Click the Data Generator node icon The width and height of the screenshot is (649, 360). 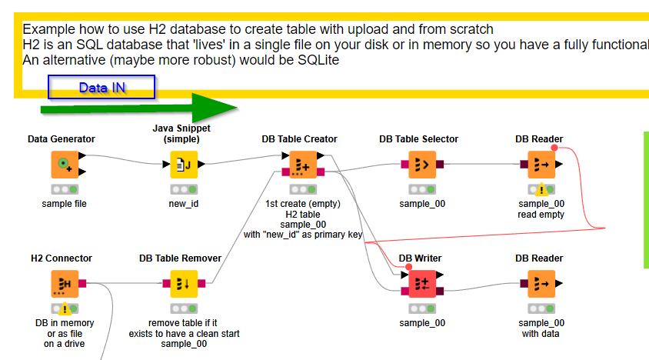point(65,164)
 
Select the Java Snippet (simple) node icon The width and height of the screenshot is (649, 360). point(183,164)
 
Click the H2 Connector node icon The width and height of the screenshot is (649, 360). point(65,283)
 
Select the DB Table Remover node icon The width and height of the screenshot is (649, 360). point(183,283)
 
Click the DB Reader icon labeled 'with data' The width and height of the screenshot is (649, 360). point(541,283)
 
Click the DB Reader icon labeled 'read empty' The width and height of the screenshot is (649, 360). point(541,164)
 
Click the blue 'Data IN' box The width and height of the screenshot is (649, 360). point(102,88)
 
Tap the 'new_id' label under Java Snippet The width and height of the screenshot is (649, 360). point(183,204)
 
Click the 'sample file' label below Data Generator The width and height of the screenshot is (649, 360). point(65,204)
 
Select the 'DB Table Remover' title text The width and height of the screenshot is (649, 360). point(180,258)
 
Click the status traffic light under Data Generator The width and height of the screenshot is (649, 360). point(65,188)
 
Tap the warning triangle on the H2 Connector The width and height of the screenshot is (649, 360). point(65,308)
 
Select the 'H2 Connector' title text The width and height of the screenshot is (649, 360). point(62,258)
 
